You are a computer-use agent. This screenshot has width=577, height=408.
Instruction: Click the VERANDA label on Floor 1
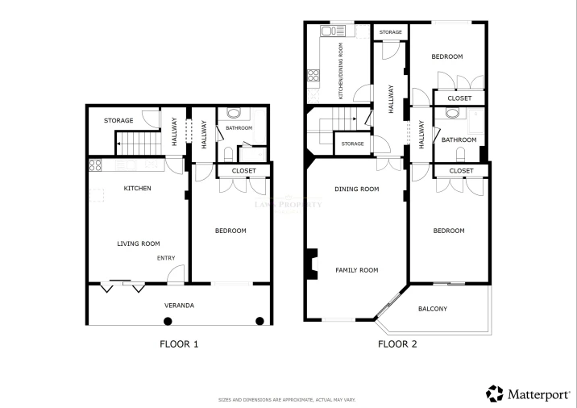click(x=179, y=306)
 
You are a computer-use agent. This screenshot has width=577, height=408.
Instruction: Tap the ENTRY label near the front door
click(x=166, y=258)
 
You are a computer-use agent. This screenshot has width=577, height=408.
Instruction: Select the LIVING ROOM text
click(x=139, y=244)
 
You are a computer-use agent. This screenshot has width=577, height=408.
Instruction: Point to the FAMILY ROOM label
click(x=356, y=270)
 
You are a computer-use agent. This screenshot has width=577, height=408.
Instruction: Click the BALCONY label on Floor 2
click(x=433, y=309)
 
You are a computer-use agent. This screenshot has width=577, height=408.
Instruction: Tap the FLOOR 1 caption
click(x=179, y=344)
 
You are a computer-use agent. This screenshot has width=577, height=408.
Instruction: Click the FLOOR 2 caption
click(x=397, y=344)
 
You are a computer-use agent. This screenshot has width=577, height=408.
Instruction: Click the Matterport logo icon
click(x=494, y=393)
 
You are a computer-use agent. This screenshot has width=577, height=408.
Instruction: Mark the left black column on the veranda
click(x=168, y=322)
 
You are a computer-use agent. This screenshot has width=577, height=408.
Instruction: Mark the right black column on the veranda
click(x=259, y=322)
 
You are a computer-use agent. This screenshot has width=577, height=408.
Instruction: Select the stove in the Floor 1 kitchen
click(x=94, y=167)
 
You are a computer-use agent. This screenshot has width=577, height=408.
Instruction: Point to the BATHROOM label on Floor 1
click(x=239, y=128)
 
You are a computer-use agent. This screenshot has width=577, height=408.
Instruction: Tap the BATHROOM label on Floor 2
click(x=459, y=139)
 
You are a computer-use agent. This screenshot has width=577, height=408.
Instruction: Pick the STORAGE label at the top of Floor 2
click(x=391, y=32)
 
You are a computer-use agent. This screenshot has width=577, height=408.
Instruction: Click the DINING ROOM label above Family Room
click(x=356, y=189)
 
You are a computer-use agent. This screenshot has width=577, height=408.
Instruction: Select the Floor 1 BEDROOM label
click(x=230, y=231)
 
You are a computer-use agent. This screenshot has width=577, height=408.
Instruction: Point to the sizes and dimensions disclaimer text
click(x=287, y=400)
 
